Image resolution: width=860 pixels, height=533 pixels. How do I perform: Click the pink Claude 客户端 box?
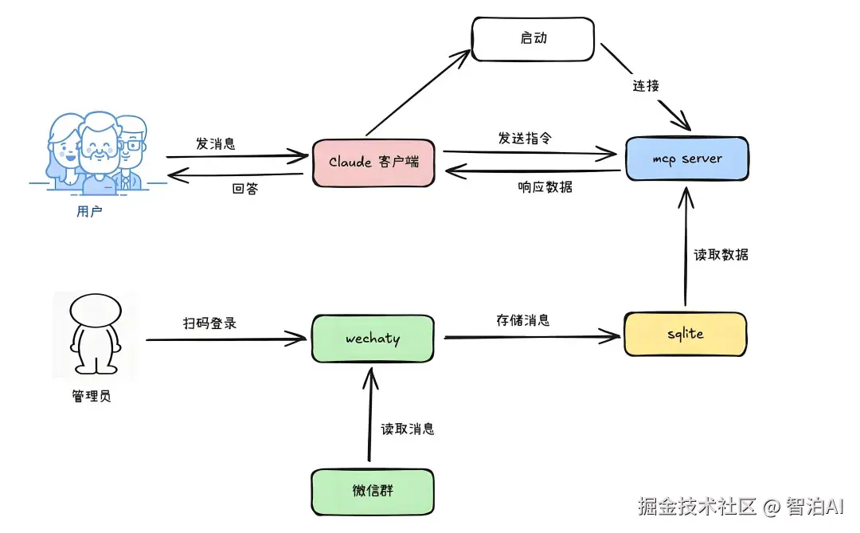pyautogui.click(x=373, y=163)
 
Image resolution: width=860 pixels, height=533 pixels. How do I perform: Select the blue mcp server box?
pyautogui.click(x=686, y=159)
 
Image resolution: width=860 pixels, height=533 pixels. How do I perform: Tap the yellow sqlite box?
pyautogui.click(x=685, y=334)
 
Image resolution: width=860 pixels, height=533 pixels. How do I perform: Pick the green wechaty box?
pyautogui.click(x=373, y=339)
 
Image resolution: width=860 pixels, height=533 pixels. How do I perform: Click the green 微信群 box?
pyautogui.click(x=373, y=491)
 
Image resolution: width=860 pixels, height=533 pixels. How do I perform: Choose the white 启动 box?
pyautogui.click(x=533, y=38)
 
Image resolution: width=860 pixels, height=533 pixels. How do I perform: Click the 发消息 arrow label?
pyautogui.click(x=215, y=143)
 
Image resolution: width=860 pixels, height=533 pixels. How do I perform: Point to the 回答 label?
pyautogui.click(x=244, y=190)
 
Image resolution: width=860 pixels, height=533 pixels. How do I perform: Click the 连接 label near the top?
pyautogui.click(x=646, y=85)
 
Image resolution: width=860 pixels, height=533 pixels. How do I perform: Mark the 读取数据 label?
pyautogui.click(x=721, y=255)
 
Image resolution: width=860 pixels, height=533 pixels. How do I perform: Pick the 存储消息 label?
pyautogui.click(x=522, y=320)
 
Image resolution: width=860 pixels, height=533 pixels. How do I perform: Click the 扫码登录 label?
pyautogui.click(x=210, y=323)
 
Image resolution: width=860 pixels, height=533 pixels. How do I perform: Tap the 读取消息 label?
pyautogui.click(x=407, y=429)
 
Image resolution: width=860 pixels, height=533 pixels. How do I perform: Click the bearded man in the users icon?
pyautogui.click(x=99, y=151)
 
